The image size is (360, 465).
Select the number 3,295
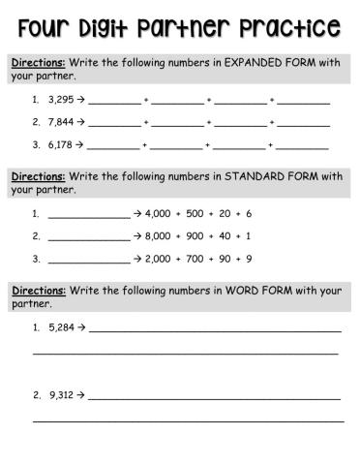pyautogui.click(x=60, y=100)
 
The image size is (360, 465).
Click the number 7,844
pyautogui.click(x=60, y=123)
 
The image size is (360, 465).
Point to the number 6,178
pyautogui.click(x=60, y=145)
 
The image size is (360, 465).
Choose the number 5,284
pyautogui.click(x=60, y=328)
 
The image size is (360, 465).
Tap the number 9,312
pyautogui.click(x=60, y=395)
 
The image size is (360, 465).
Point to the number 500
pyautogui.click(x=197, y=213)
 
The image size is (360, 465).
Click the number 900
pyautogui.click(x=197, y=236)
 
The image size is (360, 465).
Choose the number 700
pyautogui.click(x=197, y=259)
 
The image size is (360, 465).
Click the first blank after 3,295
pyautogui.click(x=114, y=101)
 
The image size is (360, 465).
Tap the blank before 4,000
pyautogui.click(x=88, y=215)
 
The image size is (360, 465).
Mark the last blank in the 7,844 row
pyautogui.click(x=303, y=124)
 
